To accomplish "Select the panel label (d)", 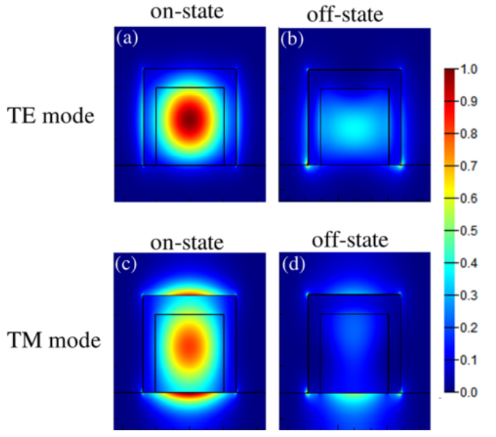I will coord(292,265).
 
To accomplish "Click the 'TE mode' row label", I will coord(51,115).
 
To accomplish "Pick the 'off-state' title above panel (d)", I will coord(350,241).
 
